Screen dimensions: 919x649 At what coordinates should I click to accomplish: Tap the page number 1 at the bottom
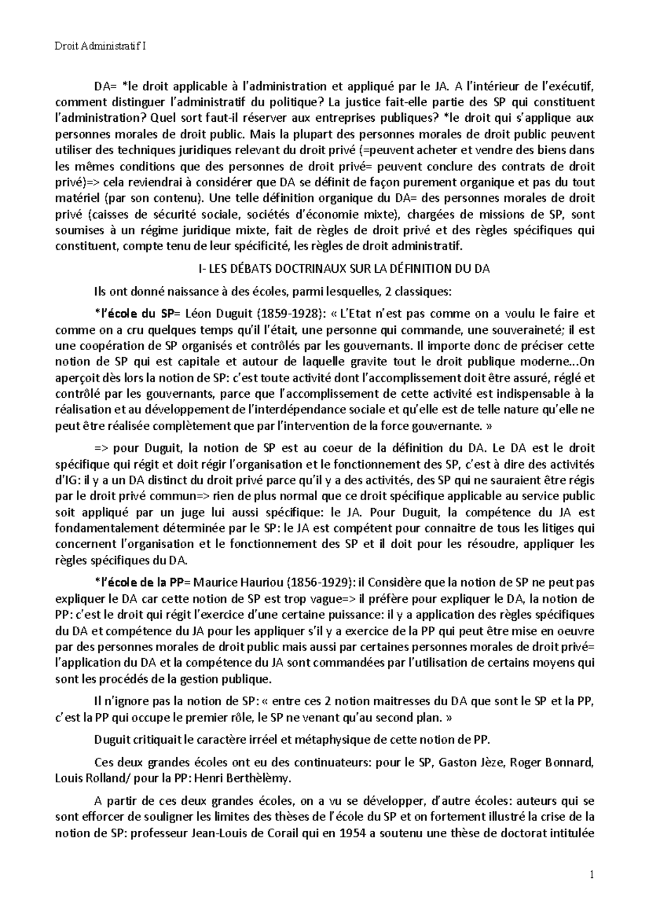592,875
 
